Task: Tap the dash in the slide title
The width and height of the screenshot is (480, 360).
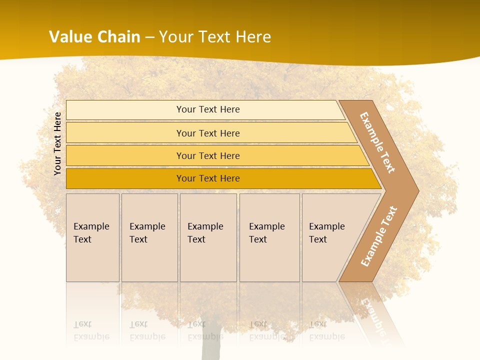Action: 149,37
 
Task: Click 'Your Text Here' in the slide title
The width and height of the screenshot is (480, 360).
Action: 215,37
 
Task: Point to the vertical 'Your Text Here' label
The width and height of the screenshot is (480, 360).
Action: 57,144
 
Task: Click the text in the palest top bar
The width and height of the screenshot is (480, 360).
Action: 208,109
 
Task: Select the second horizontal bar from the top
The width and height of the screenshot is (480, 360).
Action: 208,133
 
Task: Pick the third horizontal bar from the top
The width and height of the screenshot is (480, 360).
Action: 208,155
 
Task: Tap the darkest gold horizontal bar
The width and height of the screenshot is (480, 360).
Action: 208,178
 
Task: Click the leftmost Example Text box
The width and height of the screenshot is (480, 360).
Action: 92,237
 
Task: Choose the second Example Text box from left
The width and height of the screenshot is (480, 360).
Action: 149,237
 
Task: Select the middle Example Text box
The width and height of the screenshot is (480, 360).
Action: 207,237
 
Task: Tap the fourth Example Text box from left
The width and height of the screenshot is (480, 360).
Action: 269,237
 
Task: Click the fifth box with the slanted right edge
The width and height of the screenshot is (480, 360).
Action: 330,237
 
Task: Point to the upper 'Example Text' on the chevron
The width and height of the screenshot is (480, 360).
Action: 377,142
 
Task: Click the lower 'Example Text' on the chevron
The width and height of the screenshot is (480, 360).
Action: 379,236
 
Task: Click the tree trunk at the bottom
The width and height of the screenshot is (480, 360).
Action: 211,345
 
